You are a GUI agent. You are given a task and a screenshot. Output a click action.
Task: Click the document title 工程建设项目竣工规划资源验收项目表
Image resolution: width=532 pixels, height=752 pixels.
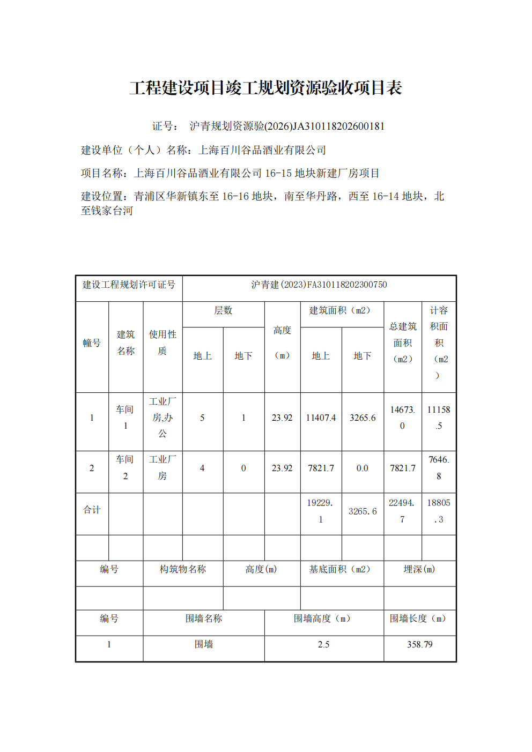click(x=265, y=88)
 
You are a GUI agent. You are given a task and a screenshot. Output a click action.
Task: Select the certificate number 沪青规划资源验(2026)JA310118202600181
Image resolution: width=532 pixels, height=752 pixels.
click(x=286, y=126)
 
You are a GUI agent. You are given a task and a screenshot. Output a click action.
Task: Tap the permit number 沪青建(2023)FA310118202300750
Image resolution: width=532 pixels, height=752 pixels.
click(x=319, y=285)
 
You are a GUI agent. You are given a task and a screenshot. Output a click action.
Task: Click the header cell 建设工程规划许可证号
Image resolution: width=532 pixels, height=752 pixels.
click(x=129, y=285)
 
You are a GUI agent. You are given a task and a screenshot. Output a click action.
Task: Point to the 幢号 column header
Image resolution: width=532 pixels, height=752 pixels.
click(x=92, y=343)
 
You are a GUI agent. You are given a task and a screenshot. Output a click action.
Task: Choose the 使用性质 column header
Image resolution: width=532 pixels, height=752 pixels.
click(x=162, y=343)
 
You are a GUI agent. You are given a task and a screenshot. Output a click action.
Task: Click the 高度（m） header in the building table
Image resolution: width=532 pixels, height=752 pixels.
click(x=282, y=343)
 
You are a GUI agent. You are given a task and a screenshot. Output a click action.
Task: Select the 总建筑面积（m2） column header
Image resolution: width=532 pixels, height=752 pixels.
click(x=403, y=343)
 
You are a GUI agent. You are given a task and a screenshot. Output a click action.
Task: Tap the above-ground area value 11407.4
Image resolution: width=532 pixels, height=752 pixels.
click(x=321, y=418)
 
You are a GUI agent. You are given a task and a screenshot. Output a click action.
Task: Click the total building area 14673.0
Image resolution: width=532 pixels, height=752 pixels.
click(x=402, y=418)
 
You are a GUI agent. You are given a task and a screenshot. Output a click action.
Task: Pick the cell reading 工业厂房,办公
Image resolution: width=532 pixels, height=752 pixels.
click(x=162, y=418)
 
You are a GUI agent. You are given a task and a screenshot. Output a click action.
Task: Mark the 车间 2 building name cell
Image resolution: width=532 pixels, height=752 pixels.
click(x=125, y=467)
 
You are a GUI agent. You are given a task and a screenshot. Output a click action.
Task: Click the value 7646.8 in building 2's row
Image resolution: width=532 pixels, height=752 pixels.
click(x=439, y=467)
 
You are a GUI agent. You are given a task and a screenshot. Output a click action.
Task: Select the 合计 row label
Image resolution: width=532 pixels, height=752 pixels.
click(x=92, y=510)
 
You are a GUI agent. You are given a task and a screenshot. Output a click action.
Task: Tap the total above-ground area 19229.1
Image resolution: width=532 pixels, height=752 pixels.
click(x=320, y=511)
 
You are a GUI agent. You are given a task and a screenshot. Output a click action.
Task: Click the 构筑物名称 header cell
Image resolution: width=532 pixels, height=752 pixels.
click(x=183, y=569)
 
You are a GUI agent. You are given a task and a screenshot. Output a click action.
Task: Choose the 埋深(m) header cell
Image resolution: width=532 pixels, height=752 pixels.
click(x=419, y=569)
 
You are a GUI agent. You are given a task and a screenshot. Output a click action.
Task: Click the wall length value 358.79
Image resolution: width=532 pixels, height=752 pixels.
click(x=419, y=644)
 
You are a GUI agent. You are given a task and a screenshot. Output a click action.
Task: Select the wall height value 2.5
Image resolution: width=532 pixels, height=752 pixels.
click(x=323, y=644)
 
